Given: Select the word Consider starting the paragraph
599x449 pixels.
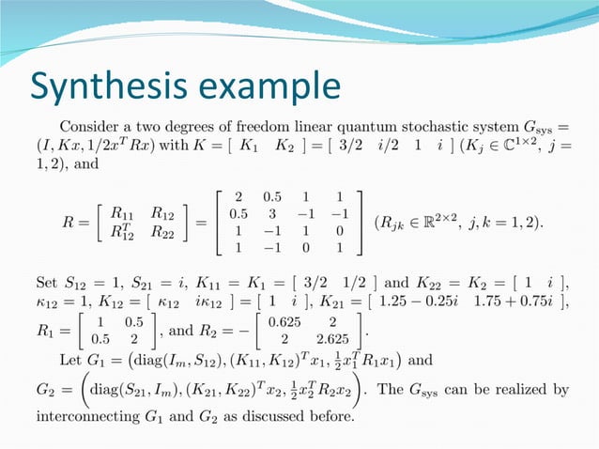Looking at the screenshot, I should pyautogui.click(x=92, y=125).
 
